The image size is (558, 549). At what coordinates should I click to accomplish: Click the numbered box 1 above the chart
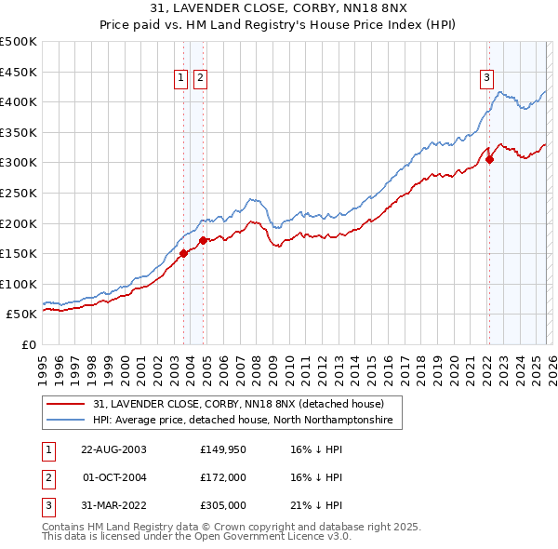(x=181, y=79)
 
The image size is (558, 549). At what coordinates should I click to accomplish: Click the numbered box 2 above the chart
(x=200, y=79)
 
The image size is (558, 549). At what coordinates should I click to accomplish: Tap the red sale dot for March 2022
(x=489, y=159)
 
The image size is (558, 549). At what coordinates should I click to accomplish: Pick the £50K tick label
(x=22, y=315)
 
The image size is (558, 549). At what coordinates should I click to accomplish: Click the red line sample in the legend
(x=67, y=405)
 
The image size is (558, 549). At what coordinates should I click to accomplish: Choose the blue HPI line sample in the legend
(x=67, y=421)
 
